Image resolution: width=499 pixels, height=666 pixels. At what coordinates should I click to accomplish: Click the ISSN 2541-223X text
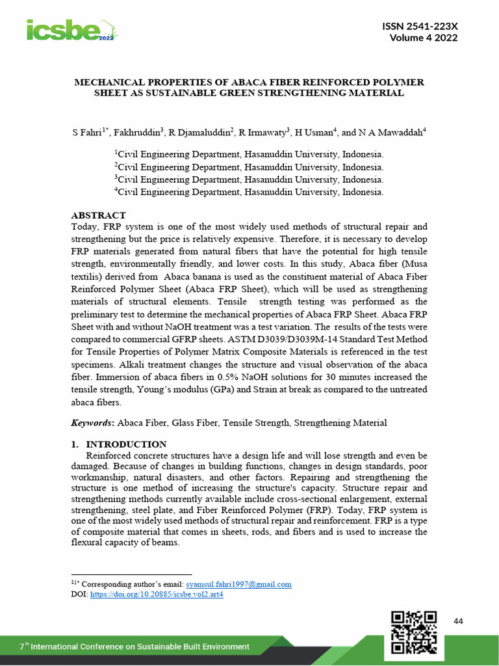pyautogui.click(x=422, y=26)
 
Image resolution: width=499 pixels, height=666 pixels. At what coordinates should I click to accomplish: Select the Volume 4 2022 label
pyautogui.click(x=423, y=38)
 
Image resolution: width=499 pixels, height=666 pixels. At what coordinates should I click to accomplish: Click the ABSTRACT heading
pyautogui.click(x=97, y=215)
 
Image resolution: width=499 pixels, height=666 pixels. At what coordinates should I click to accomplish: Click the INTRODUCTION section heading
pyautogui.click(x=126, y=444)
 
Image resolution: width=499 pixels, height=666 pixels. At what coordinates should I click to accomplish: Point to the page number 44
pyautogui.click(x=458, y=622)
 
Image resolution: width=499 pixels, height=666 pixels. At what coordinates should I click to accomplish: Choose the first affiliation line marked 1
pyautogui.click(x=249, y=155)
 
